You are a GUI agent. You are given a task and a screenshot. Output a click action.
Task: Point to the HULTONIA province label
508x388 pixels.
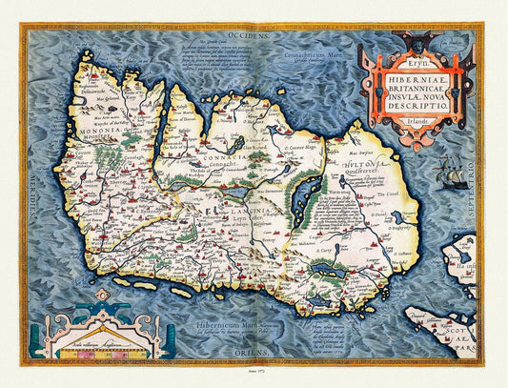[345, 162]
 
